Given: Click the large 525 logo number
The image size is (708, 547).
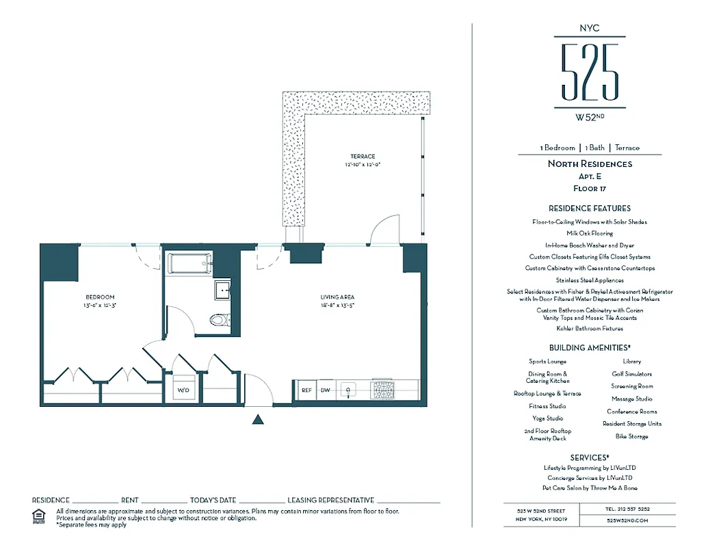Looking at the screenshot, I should tap(589, 72).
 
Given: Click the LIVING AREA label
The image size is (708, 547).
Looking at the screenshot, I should tap(337, 297).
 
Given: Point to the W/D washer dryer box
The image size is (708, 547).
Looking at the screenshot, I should tap(183, 390).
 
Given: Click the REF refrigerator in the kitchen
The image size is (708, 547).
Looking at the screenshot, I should tap(306, 390).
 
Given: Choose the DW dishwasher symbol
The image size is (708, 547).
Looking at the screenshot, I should tap(325, 390).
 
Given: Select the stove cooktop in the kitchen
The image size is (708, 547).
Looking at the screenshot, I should tap(381, 390).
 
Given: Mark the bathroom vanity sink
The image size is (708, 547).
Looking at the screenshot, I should tap(222, 290).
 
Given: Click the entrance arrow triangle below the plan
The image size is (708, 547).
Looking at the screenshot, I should tap(258, 420).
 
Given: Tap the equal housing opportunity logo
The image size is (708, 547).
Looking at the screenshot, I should tap(39, 515).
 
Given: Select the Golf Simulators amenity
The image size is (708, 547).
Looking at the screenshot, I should tap(631, 374).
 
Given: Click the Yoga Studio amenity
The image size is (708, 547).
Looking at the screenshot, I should tap(547, 418).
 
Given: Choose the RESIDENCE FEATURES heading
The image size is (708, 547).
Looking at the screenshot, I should tap(589, 208).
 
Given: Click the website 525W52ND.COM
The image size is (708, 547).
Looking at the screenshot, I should tap(627, 520).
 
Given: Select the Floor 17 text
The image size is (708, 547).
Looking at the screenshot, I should tap(589, 188).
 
